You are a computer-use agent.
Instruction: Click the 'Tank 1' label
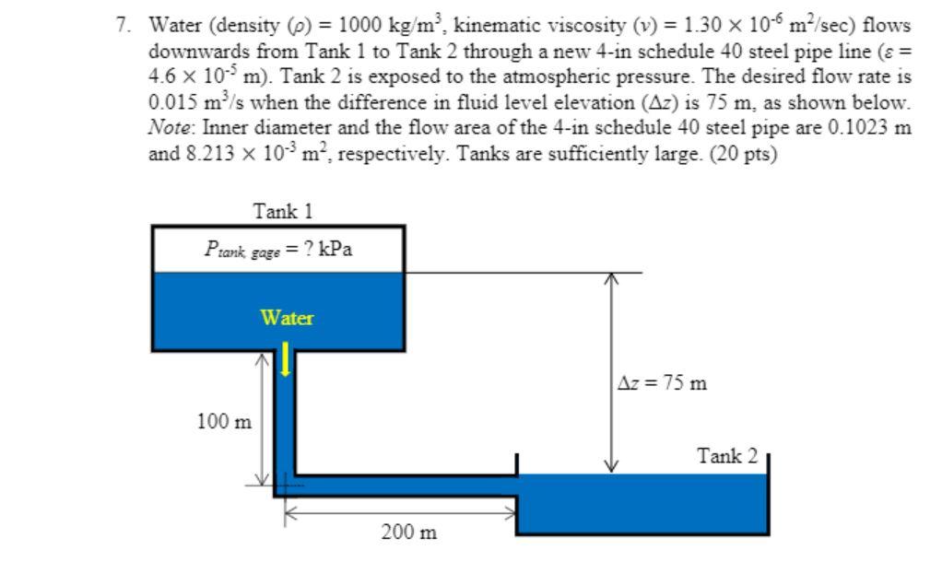(282, 211)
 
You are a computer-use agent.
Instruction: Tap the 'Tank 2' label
(727, 456)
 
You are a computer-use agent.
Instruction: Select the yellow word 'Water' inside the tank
(287, 317)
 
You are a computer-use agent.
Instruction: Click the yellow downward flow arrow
(286, 359)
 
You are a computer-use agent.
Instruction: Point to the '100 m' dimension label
(224, 421)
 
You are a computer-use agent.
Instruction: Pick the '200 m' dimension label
(409, 532)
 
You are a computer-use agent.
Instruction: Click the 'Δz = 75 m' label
(662, 382)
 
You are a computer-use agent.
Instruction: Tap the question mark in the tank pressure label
(308, 248)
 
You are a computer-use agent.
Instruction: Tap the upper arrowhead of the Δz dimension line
(611, 278)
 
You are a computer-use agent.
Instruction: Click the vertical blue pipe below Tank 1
(285, 420)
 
